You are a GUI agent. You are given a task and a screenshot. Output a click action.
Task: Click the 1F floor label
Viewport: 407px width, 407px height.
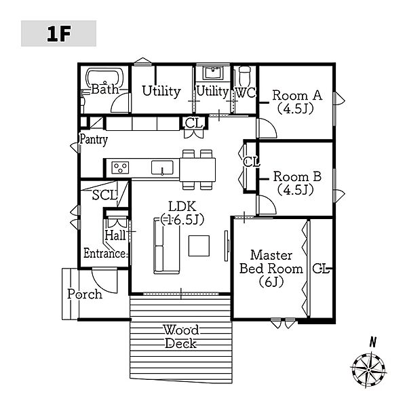click(58, 34)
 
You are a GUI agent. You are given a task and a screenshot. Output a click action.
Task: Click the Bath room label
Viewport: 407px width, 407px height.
click(104, 90)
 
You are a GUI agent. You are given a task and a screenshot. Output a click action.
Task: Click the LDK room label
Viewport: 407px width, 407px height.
click(182, 212)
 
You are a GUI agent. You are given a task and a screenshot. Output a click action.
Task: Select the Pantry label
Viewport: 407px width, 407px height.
click(94, 139)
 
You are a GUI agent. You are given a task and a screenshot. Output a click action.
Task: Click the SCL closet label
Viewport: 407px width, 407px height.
click(105, 195)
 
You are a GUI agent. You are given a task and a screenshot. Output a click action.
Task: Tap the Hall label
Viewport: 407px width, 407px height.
click(115, 235)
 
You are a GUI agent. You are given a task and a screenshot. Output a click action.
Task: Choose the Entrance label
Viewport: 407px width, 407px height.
click(104, 254)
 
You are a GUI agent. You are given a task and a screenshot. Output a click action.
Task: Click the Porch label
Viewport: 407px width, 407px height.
click(85, 294)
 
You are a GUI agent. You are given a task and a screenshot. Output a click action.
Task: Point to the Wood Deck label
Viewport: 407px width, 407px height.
click(180, 336)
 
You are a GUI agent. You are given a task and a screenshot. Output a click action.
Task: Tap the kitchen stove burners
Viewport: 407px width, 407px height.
click(120, 167)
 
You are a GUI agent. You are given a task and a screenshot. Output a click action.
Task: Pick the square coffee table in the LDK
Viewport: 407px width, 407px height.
click(200, 245)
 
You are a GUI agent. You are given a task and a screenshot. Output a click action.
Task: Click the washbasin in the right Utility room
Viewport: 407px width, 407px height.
click(213, 72)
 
